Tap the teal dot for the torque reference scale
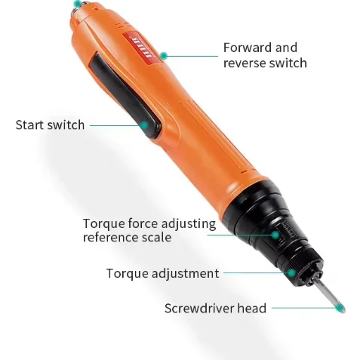(x=275, y=234)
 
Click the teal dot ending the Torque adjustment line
(x=291, y=272)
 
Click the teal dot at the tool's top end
(x=76, y=5)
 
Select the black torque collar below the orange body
(x=272, y=223)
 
